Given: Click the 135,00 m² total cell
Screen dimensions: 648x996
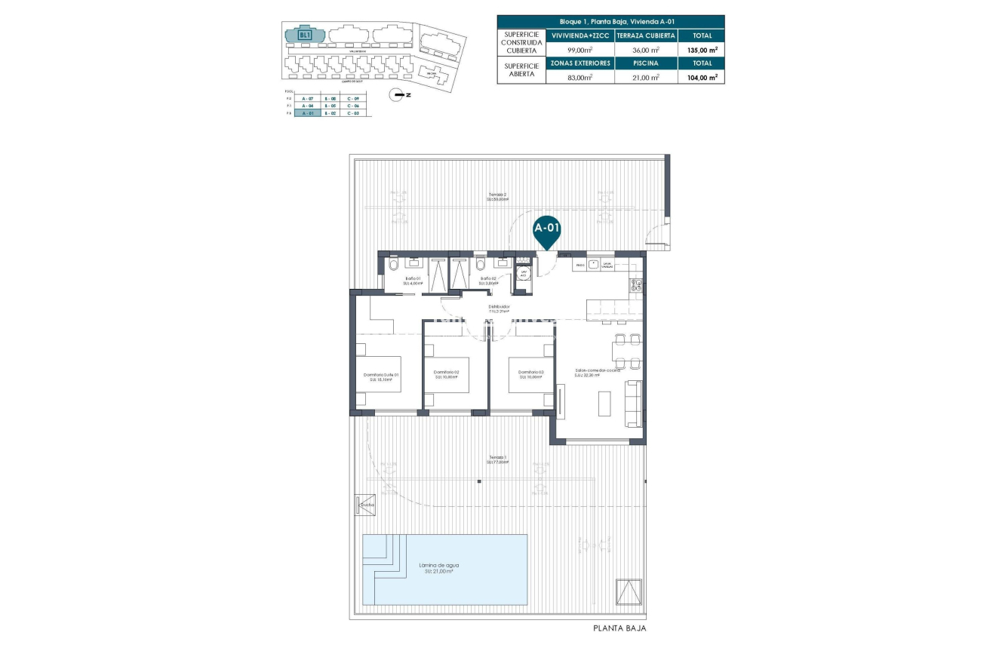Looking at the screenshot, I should coord(702,50).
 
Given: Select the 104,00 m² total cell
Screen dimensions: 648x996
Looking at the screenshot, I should coord(702,77).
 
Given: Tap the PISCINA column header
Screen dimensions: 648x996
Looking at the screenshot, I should coord(647,63).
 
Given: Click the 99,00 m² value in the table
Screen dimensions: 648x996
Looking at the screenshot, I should coord(581,50).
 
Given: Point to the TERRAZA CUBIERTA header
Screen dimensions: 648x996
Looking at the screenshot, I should coord(647,35).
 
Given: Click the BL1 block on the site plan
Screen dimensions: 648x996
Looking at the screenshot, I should coord(305,35).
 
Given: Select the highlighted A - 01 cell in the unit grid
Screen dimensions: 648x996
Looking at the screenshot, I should coord(307,113).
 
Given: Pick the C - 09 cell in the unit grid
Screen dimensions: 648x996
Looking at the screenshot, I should coord(352,99).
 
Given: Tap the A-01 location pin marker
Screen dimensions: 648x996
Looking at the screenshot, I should coord(546,231).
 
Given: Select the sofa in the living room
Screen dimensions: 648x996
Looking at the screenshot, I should coord(635,404).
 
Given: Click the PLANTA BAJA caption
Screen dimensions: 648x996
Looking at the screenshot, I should coord(619,628).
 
